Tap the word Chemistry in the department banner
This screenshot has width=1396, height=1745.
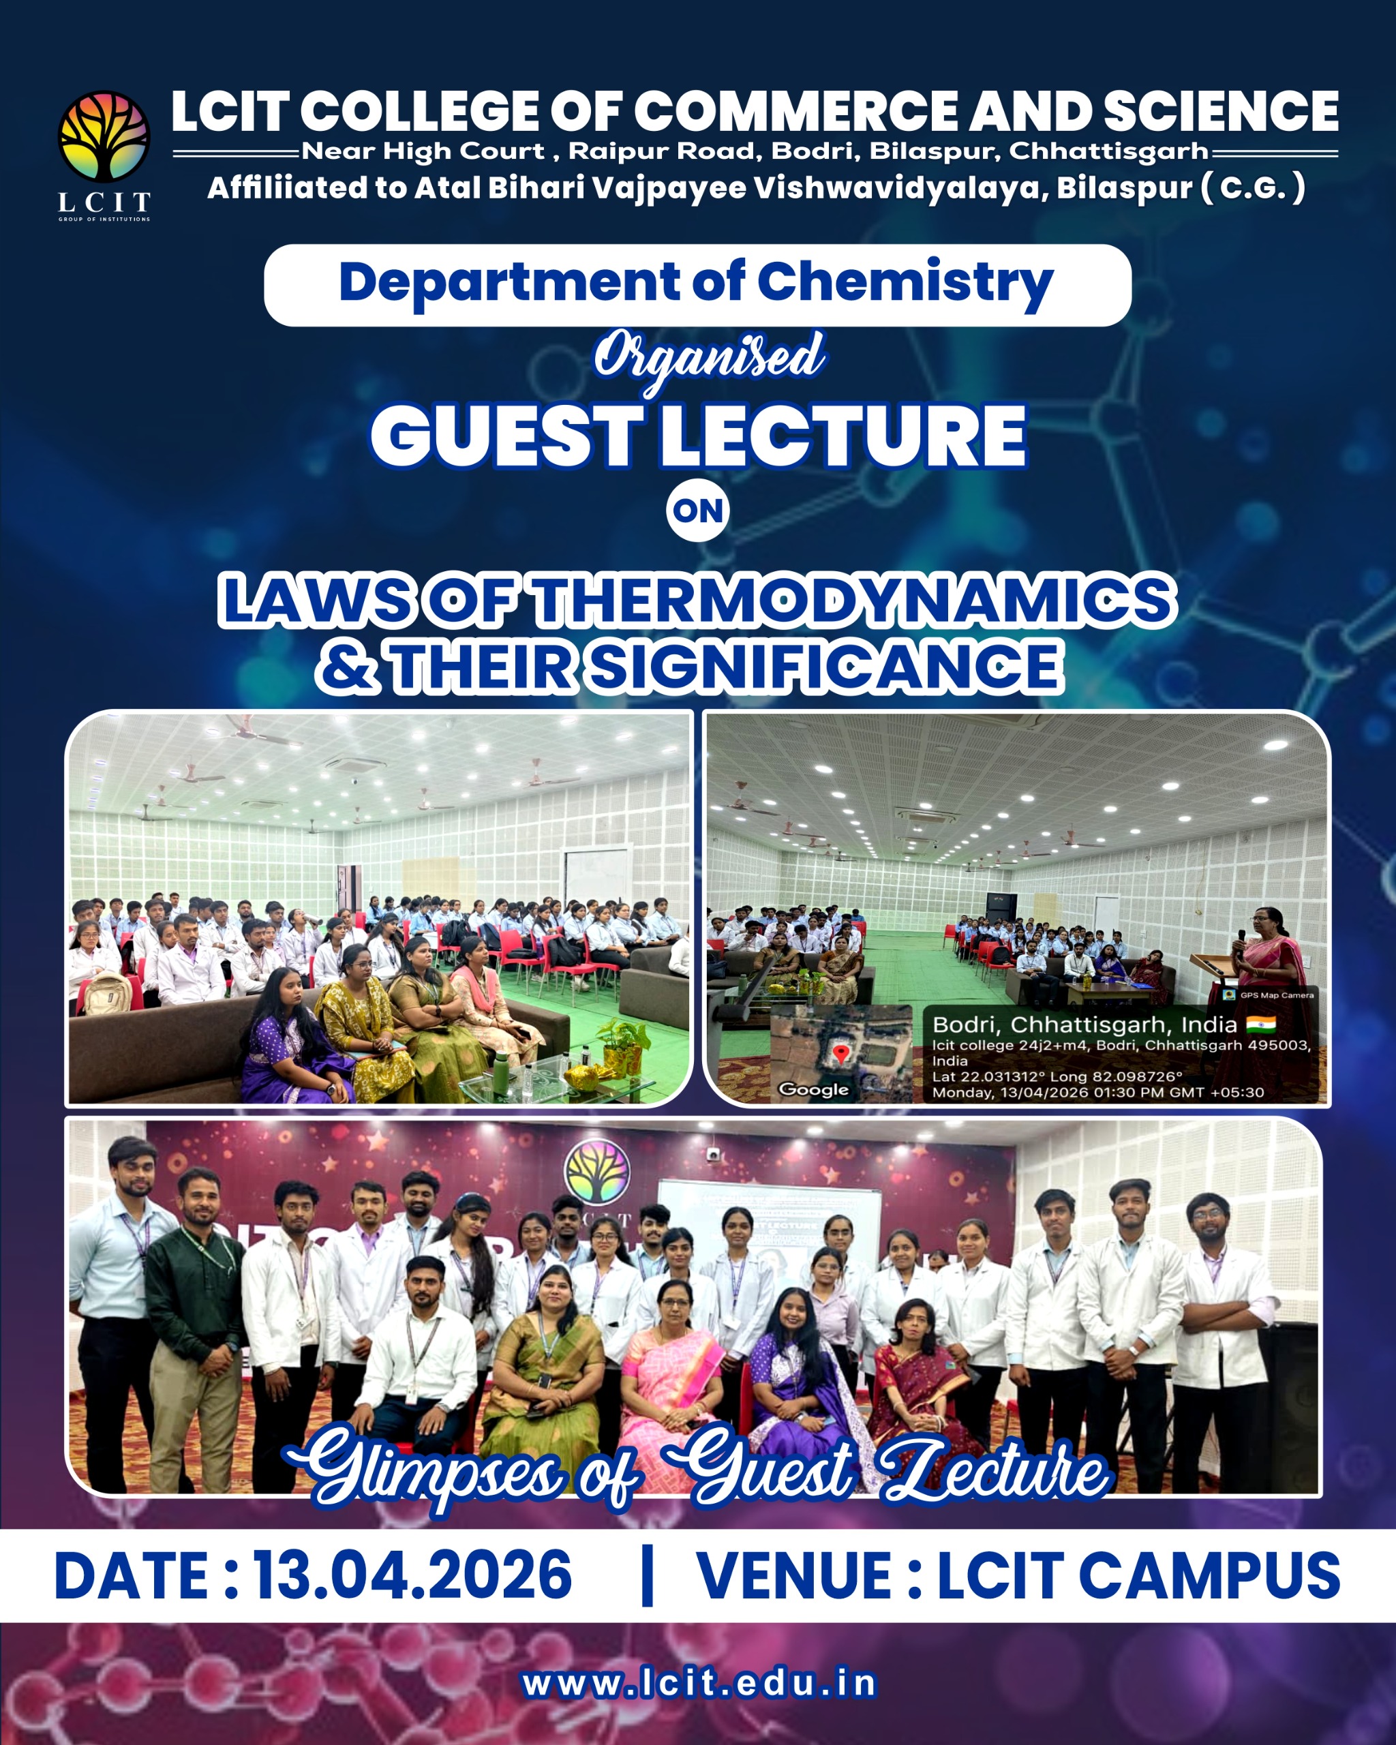(905, 284)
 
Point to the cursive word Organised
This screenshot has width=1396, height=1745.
(710, 358)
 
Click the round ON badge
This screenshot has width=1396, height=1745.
(697, 511)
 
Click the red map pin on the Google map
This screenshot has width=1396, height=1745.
(842, 1053)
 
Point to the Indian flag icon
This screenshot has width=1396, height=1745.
(1261, 1025)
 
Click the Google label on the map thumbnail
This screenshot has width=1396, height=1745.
(813, 1089)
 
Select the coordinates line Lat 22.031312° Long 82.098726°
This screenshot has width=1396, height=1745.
(1057, 1076)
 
